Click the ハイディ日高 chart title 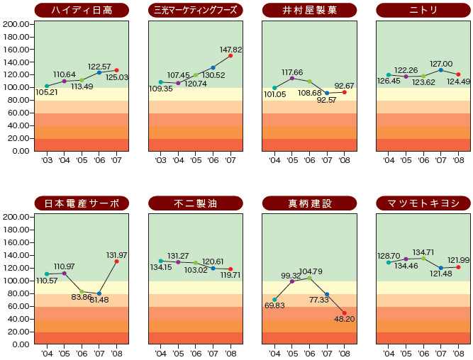tap(82, 10)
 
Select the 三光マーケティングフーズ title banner tap(195, 10)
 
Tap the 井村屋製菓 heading tap(309, 10)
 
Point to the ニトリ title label tap(423, 10)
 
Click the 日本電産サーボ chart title tap(82, 203)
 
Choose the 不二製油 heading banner tap(195, 203)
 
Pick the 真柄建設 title tap(309, 203)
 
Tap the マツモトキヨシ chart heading tap(423, 203)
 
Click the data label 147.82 tap(230, 50)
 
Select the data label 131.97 tap(116, 255)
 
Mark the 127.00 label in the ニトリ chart tap(441, 63)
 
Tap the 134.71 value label tap(423, 252)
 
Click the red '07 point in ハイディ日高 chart tap(116, 70)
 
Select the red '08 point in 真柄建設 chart tap(345, 313)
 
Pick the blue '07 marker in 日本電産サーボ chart tap(99, 293)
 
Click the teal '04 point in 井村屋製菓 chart tap(274, 88)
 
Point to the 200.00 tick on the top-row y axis tap(16, 23)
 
